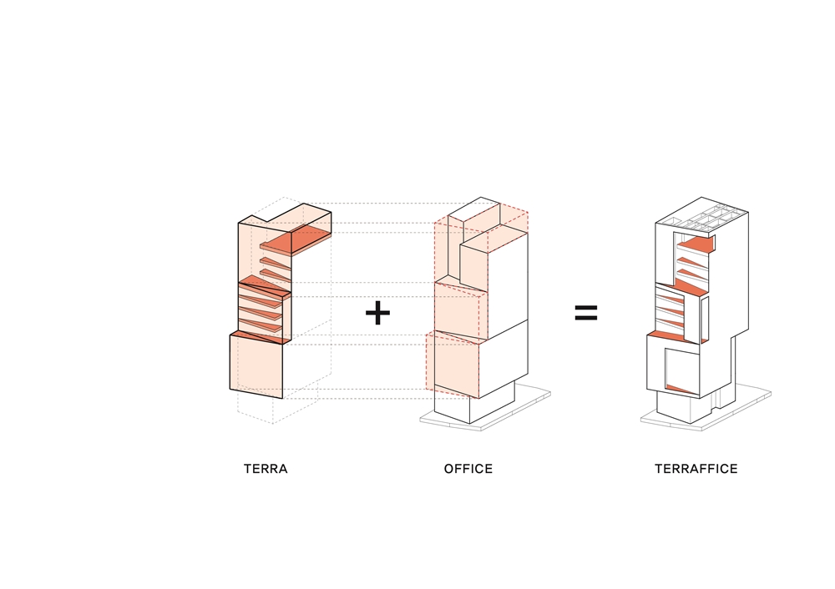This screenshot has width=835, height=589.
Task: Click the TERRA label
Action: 266,469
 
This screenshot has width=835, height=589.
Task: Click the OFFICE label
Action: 468,469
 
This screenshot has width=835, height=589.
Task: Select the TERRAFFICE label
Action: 696,469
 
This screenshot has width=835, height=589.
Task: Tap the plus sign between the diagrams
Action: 377,314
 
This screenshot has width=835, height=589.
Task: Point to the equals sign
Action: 586,313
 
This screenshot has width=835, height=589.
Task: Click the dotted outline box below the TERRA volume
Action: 276,409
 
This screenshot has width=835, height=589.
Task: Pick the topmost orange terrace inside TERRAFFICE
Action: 696,244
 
